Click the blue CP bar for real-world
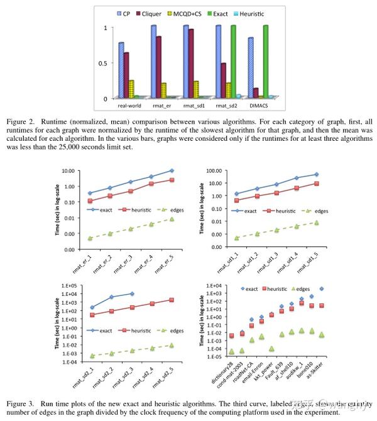point(121,70)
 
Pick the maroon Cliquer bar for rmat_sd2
point(223,80)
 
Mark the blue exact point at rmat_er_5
point(172,170)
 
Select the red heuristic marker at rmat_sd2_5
point(172,300)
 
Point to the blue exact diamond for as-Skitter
point(322,288)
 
